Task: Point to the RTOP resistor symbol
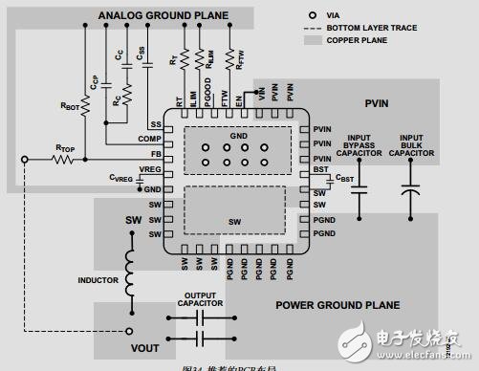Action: (64, 157)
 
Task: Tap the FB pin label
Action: (155, 154)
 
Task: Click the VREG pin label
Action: (149, 168)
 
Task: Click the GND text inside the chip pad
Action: (237, 138)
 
